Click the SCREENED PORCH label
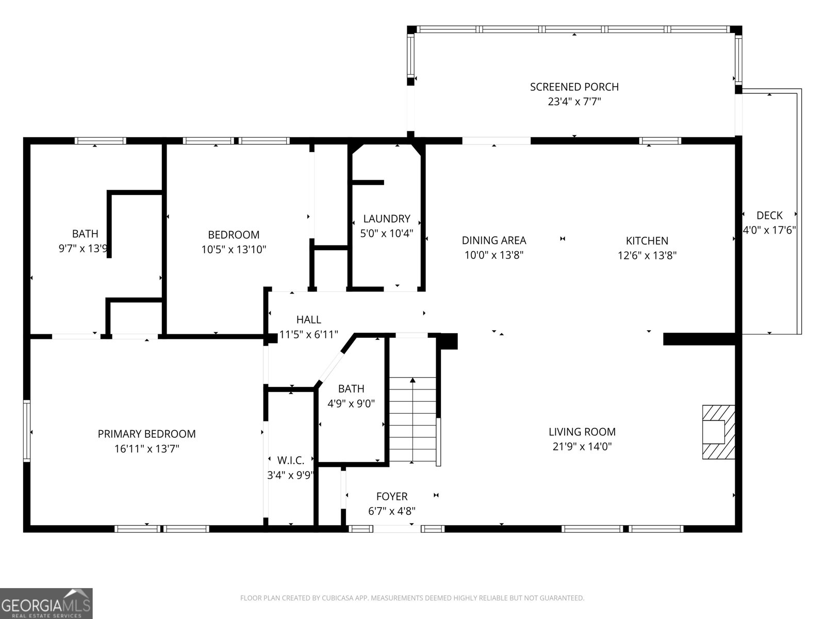click(574, 87)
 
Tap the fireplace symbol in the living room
click(719, 432)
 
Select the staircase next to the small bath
click(412, 419)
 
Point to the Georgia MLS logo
click(46, 603)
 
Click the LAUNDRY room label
click(386, 219)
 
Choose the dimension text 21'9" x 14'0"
click(582, 447)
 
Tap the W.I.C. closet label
click(290, 460)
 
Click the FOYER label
click(392, 496)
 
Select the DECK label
click(769, 215)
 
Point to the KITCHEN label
click(647, 240)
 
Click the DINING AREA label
click(494, 240)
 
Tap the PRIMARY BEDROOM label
click(146, 434)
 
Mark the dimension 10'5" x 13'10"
click(234, 250)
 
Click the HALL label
click(308, 320)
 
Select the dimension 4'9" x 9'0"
click(351, 404)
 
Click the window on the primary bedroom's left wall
click(27, 431)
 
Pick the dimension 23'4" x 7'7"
click(574, 102)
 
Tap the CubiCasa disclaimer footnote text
click(412, 598)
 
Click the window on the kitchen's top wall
click(660, 141)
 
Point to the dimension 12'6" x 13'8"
click(647, 255)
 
